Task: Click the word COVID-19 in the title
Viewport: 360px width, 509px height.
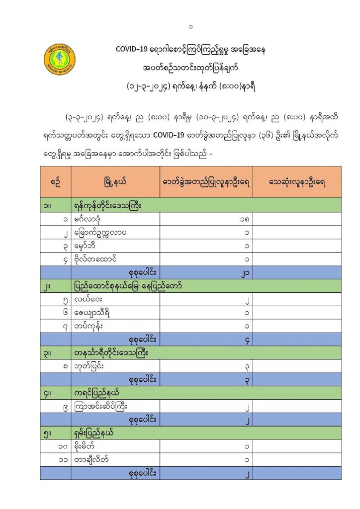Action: click(x=131, y=50)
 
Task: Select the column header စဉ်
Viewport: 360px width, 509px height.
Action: click(x=56, y=182)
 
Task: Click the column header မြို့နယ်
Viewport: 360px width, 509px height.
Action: click(x=115, y=182)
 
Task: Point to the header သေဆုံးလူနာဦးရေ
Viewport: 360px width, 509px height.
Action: click(x=297, y=182)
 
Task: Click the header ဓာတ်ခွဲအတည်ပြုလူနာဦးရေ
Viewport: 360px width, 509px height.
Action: click(x=206, y=182)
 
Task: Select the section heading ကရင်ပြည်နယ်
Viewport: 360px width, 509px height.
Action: click(x=97, y=393)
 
